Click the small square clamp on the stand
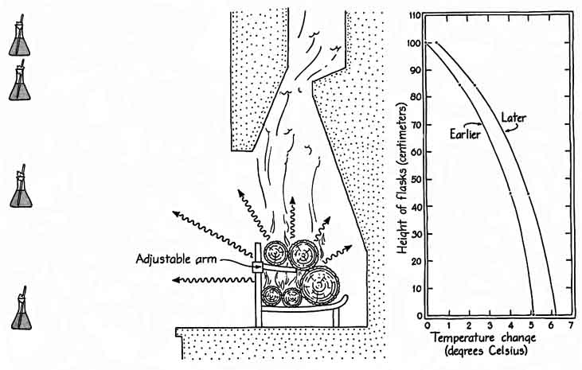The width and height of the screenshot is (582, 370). [257, 268]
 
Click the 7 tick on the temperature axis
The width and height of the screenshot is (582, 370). [570, 327]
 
